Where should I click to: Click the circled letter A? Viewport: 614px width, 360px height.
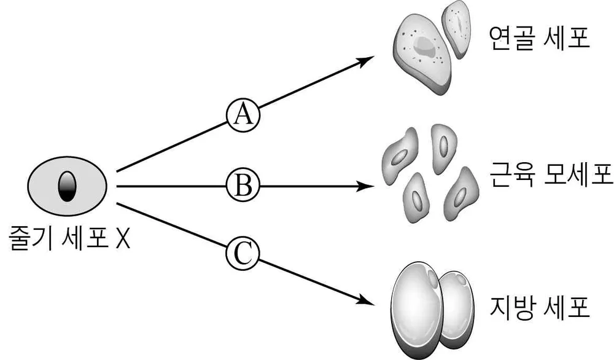click(x=243, y=115)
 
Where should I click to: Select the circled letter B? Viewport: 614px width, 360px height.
click(x=243, y=186)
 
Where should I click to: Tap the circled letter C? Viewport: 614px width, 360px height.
click(x=243, y=254)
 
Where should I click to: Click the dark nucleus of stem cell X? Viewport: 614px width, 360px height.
click(x=67, y=187)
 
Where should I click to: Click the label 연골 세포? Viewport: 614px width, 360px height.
click(x=540, y=37)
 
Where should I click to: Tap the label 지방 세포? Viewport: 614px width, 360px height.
click(x=540, y=308)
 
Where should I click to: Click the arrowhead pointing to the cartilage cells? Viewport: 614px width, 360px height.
click(x=365, y=61)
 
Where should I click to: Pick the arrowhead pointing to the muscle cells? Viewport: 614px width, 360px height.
click(x=365, y=186)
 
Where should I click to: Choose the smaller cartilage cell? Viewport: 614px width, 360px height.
click(x=457, y=29)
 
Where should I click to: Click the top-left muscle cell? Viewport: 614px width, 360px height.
click(x=400, y=156)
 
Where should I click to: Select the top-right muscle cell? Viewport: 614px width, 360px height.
click(x=443, y=148)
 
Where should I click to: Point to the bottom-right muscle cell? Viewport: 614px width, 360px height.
click(x=461, y=194)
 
